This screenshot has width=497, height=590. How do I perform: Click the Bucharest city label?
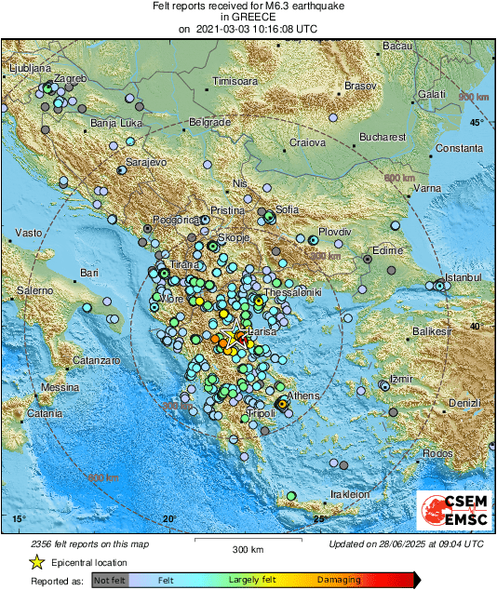(384, 137)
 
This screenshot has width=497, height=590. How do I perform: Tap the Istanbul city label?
(462, 277)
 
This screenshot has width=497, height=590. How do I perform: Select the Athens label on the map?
(303, 396)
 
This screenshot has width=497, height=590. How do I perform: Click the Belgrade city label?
(209, 122)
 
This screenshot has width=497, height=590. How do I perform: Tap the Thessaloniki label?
(293, 292)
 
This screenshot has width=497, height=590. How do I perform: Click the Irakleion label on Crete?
(351, 494)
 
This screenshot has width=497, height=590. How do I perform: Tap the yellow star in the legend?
(36, 562)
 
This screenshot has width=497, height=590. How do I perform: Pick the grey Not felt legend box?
(110, 580)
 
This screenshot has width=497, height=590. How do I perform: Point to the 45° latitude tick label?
(476, 123)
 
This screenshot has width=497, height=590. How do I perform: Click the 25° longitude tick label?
(319, 518)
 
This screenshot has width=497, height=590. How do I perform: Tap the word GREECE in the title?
(248, 17)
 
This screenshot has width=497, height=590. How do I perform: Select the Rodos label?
(436, 453)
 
